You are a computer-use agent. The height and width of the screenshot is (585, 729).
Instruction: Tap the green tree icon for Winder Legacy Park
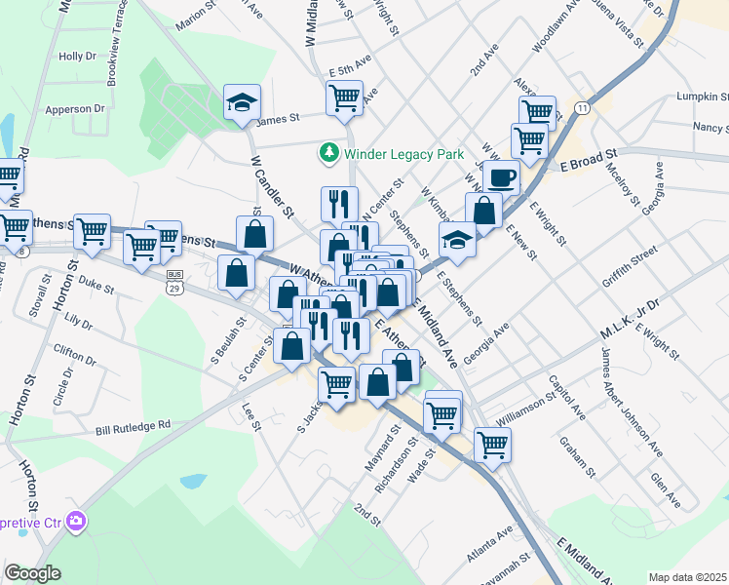(328, 154)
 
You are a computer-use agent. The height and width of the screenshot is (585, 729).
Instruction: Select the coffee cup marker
(501, 177)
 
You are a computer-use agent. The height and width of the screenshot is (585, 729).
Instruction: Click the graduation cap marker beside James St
(242, 103)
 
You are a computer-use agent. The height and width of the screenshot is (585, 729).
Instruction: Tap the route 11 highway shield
(583, 106)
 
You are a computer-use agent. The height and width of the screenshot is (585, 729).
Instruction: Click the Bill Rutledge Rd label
(133, 426)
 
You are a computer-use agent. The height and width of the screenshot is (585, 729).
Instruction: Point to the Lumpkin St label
(706, 97)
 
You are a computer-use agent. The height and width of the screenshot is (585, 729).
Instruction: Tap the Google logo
(32, 573)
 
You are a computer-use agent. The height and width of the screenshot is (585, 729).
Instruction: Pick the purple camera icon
(74, 524)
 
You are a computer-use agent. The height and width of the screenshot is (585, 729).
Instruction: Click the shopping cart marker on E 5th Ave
(344, 97)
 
